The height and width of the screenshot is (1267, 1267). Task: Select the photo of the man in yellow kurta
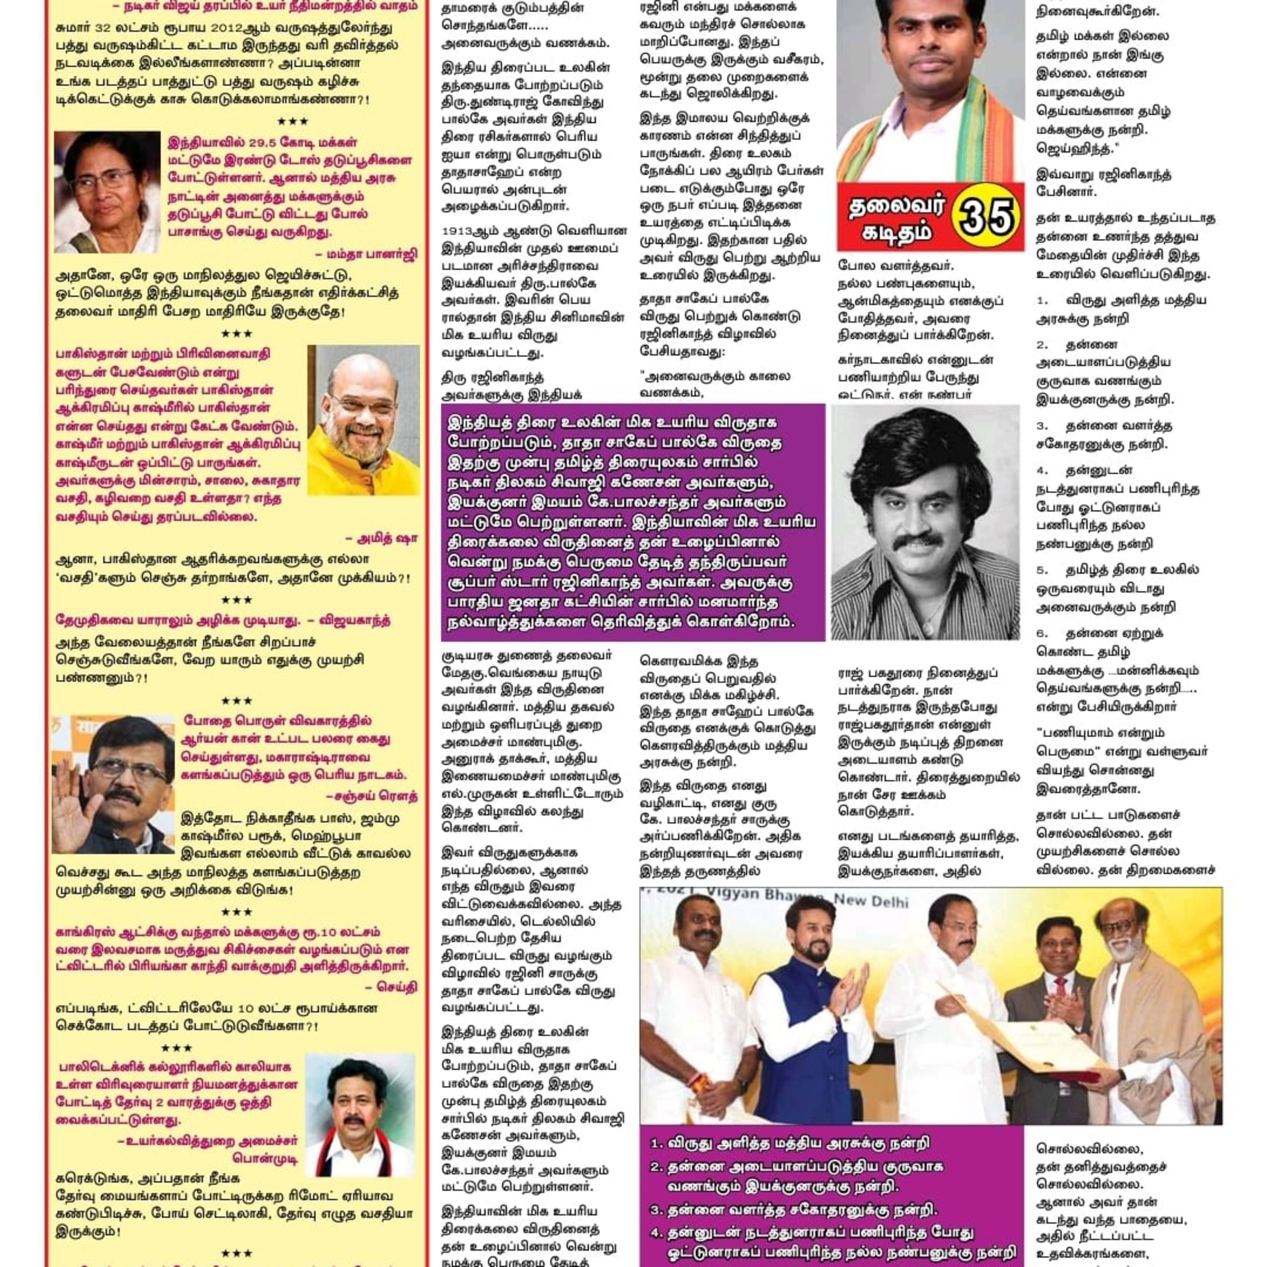363,420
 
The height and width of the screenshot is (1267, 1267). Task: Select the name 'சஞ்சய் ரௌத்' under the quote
371,796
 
